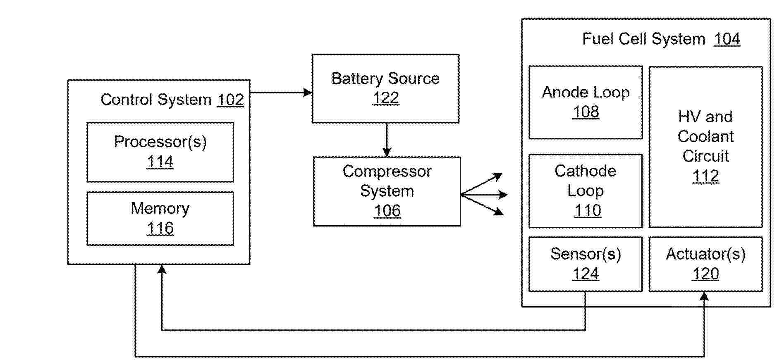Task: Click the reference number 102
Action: (x=231, y=100)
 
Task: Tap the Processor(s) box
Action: (x=160, y=152)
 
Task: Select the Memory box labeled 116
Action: (x=160, y=218)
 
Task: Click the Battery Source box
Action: (x=385, y=88)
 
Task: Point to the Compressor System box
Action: (x=387, y=191)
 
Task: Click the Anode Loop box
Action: (x=586, y=102)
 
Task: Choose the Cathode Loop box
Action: (x=586, y=191)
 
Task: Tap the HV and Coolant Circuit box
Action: (x=705, y=147)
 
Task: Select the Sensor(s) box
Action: (x=586, y=264)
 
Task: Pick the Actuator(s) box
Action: (x=705, y=264)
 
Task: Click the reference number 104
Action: (x=727, y=39)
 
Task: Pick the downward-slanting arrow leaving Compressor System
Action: (x=482, y=204)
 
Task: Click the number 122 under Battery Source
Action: (x=386, y=98)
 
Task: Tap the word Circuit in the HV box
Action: (x=705, y=156)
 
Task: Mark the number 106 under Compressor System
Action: (x=387, y=211)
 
